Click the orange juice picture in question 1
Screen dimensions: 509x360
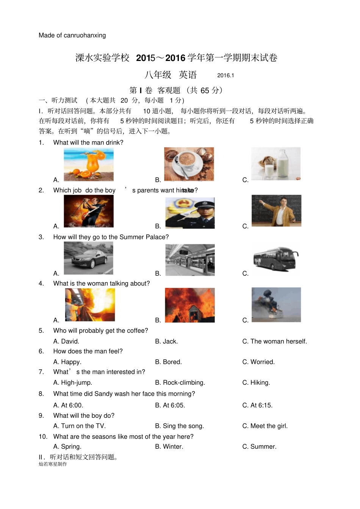coord(89,165)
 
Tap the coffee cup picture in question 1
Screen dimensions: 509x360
coord(189,164)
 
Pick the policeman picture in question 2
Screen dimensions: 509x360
coord(190,213)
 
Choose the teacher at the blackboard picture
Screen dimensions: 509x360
coord(276,211)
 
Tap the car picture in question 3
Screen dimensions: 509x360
coord(89,258)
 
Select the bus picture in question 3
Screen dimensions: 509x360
coord(275,259)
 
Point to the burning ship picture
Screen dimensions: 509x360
coord(276,305)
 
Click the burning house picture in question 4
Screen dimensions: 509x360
coord(189,305)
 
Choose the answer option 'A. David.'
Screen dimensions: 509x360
coord(66,342)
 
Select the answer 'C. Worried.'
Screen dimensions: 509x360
coord(258,362)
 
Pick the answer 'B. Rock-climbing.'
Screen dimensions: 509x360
coord(180,383)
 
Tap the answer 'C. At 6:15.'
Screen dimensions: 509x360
coord(257,405)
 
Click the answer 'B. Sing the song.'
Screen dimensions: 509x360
coord(179,426)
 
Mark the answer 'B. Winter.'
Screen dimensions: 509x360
coord(169,447)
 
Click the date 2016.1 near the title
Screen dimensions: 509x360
coord(225,75)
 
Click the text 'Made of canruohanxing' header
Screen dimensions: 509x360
coord(72,36)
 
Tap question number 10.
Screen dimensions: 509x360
coord(43,437)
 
